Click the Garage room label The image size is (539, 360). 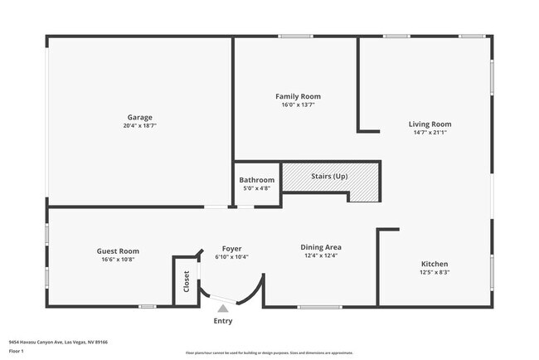[138, 117]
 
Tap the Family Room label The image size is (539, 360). [298, 96]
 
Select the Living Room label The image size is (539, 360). [430, 124]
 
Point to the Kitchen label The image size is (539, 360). [434, 263]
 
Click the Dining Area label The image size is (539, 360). [321, 246]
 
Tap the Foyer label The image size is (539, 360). [231, 247]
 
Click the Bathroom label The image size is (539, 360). [256, 179]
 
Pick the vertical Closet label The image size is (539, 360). [187, 282]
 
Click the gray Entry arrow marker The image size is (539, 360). [222, 308]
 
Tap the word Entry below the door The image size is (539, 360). [223, 321]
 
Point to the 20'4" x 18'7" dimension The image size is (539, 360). [138, 126]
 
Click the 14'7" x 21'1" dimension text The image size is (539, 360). [430, 133]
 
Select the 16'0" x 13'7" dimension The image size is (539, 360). [298, 105]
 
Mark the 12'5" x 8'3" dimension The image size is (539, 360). [434, 272]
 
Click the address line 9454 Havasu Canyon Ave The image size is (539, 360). [58, 341]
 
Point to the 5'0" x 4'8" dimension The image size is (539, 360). [256, 188]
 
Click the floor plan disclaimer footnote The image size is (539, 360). [269, 353]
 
